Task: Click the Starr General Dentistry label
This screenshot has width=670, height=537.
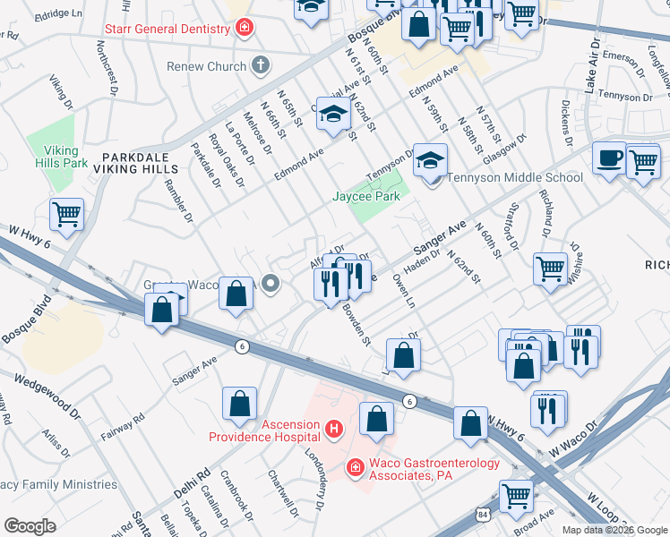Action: pos(181,30)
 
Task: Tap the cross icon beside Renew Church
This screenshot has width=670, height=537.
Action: pos(260,65)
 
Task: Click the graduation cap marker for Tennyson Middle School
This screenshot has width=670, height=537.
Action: pos(430,160)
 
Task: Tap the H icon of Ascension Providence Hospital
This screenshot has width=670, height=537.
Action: pos(333,430)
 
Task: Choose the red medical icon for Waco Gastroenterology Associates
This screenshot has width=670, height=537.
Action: pos(355,468)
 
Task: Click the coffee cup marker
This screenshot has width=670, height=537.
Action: pos(609,158)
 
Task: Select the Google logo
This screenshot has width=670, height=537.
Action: pos(30,526)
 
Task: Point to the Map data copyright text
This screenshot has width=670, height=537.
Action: pos(614,530)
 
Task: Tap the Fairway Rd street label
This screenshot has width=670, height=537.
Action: pos(125,428)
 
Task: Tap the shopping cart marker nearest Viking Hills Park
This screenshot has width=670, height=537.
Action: pos(66,215)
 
